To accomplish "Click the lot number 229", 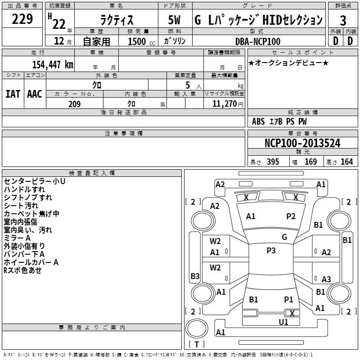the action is pyautogui.click(x=22, y=19).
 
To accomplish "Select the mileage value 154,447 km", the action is pyautogui.click(x=53, y=64).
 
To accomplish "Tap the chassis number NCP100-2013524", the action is pyautogui.click(x=302, y=143).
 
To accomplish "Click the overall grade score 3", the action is pyautogui.click(x=343, y=21).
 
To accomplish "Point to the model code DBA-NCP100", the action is pyautogui.click(x=258, y=41).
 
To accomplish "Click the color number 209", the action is pyautogui.click(x=74, y=104).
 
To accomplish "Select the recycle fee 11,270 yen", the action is pyautogui.click(x=228, y=104).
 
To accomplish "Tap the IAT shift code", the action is pyautogui.click(x=13, y=94).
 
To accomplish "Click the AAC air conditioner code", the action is pyautogui.click(x=35, y=94).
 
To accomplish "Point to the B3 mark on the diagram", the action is pyautogui.click(x=195, y=276).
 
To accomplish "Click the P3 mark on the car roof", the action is pyautogui.click(x=271, y=250).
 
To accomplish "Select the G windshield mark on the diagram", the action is pyautogui.click(x=284, y=237).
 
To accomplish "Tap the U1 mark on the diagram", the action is pyautogui.click(x=283, y=322).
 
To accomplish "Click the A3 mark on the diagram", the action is pyautogui.click(x=326, y=279).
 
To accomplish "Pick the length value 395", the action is pyautogui.click(x=273, y=162).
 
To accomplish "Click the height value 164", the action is pyautogui.click(x=346, y=162).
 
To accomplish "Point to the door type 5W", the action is pyautogui.click(x=174, y=20).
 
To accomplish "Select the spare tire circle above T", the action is pyautogui.click(x=197, y=328).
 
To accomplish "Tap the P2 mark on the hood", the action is pyautogui.click(x=291, y=216).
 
